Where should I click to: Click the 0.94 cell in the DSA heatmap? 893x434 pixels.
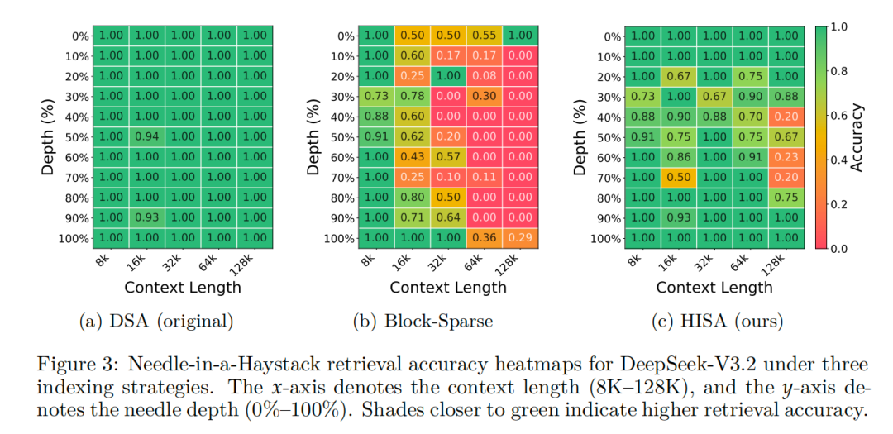[146, 137]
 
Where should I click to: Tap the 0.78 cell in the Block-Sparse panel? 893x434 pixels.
[413, 97]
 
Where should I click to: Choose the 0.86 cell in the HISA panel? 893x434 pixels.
[679, 157]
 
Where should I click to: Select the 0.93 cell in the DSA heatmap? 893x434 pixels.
[146, 218]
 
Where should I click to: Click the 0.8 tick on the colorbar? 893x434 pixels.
[837, 71]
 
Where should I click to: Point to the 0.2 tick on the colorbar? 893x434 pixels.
[837, 203]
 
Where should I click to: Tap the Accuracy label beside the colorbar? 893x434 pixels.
[858, 137]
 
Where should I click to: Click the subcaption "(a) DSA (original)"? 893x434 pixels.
[156, 321]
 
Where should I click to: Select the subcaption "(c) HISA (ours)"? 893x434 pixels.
[714, 321]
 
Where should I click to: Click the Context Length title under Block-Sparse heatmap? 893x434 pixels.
[448, 288]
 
